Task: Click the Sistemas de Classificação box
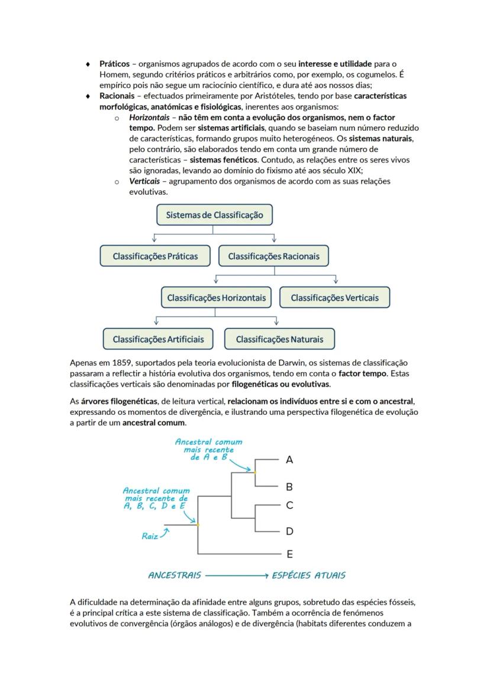(214, 215)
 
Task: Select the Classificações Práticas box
(155, 256)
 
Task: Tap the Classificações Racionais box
(273, 256)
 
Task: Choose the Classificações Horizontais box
(216, 298)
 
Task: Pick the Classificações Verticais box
(334, 298)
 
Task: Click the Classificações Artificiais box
(158, 339)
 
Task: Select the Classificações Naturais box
(279, 339)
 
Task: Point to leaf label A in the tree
(289, 459)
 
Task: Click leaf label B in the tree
(289, 487)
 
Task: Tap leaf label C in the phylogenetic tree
(289, 505)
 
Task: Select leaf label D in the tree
(289, 531)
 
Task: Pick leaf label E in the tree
(289, 555)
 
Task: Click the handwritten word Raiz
(150, 537)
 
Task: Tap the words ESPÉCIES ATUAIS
(308, 575)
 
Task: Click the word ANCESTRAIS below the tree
(175, 575)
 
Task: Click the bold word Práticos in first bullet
(114, 63)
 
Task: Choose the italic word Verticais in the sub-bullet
(144, 182)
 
